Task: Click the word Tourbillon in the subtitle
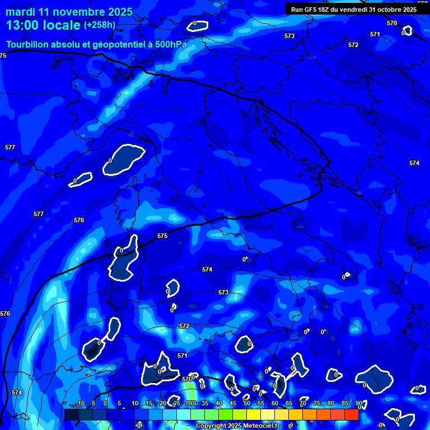point(30,44)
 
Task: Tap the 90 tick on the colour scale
point(358,403)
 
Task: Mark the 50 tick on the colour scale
point(246,403)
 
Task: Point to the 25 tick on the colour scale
point(176,403)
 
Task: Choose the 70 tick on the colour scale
point(302,403)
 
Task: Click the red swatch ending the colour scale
point(351,414)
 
